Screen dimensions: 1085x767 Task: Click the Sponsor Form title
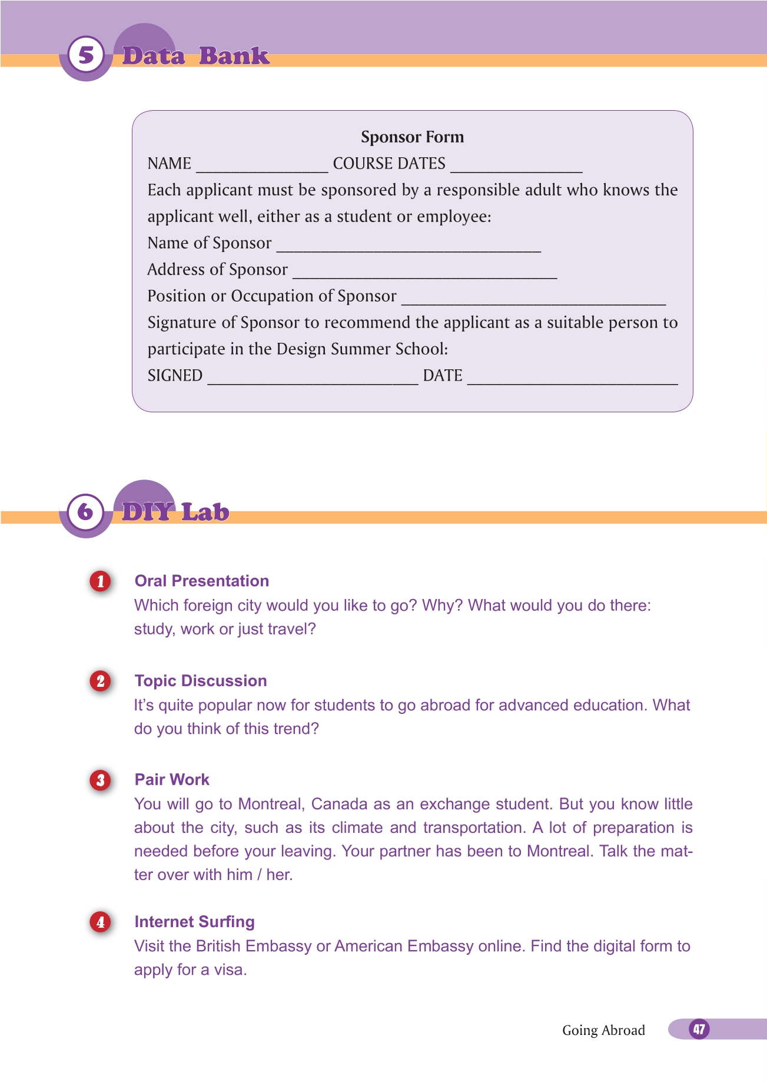click(412, 137)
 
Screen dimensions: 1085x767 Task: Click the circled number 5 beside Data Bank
click(86, 55)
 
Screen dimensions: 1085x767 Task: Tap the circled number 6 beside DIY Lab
click(86, 511)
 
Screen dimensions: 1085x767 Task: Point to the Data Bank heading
click(195, 56)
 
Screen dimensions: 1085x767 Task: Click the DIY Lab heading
click(175, 512)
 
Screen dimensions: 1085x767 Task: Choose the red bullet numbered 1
click(101, 581)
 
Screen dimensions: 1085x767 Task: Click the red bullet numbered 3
click(101, 780)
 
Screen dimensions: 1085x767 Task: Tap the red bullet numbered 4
click(101, 922)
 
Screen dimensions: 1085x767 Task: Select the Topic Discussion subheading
click(201, 681)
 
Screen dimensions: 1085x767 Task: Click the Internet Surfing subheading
click(194, 922)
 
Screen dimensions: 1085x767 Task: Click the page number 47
click(699, 1029)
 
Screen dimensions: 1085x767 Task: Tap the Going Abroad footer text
click(603, 1030)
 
